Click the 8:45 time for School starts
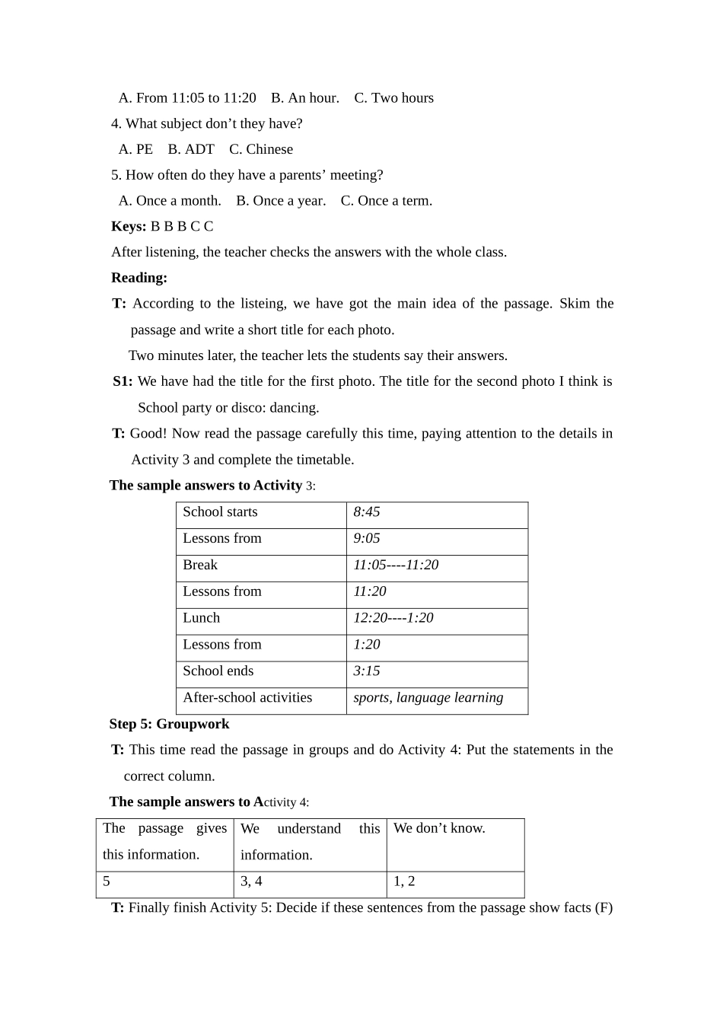[x=367, y=512]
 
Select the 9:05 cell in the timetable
[x=367, y=539]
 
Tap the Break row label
[x=200, y=566]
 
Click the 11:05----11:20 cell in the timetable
[x=396, y=566]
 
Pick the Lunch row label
[x=202, y=618]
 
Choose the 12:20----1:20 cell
[x=393, y=618]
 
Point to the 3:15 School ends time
[x=367, y=671]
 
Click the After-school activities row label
[x=247, y=698]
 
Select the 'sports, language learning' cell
[x=428, y=698]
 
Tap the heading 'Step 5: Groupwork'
[x=169, y=725]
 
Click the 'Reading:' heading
[x=139, y=278]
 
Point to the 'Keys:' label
[x=129, y=227]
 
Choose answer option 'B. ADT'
[x=191, y=150]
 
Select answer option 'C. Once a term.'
[x=386, y=201]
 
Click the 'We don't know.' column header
[x=439, y=829]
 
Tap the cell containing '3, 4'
[x=252, y=882]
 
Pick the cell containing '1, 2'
[x=404, y=882]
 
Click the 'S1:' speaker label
[x=123, y=382]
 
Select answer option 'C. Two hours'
[x=393, y=98]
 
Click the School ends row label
[x=218, y=671]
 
